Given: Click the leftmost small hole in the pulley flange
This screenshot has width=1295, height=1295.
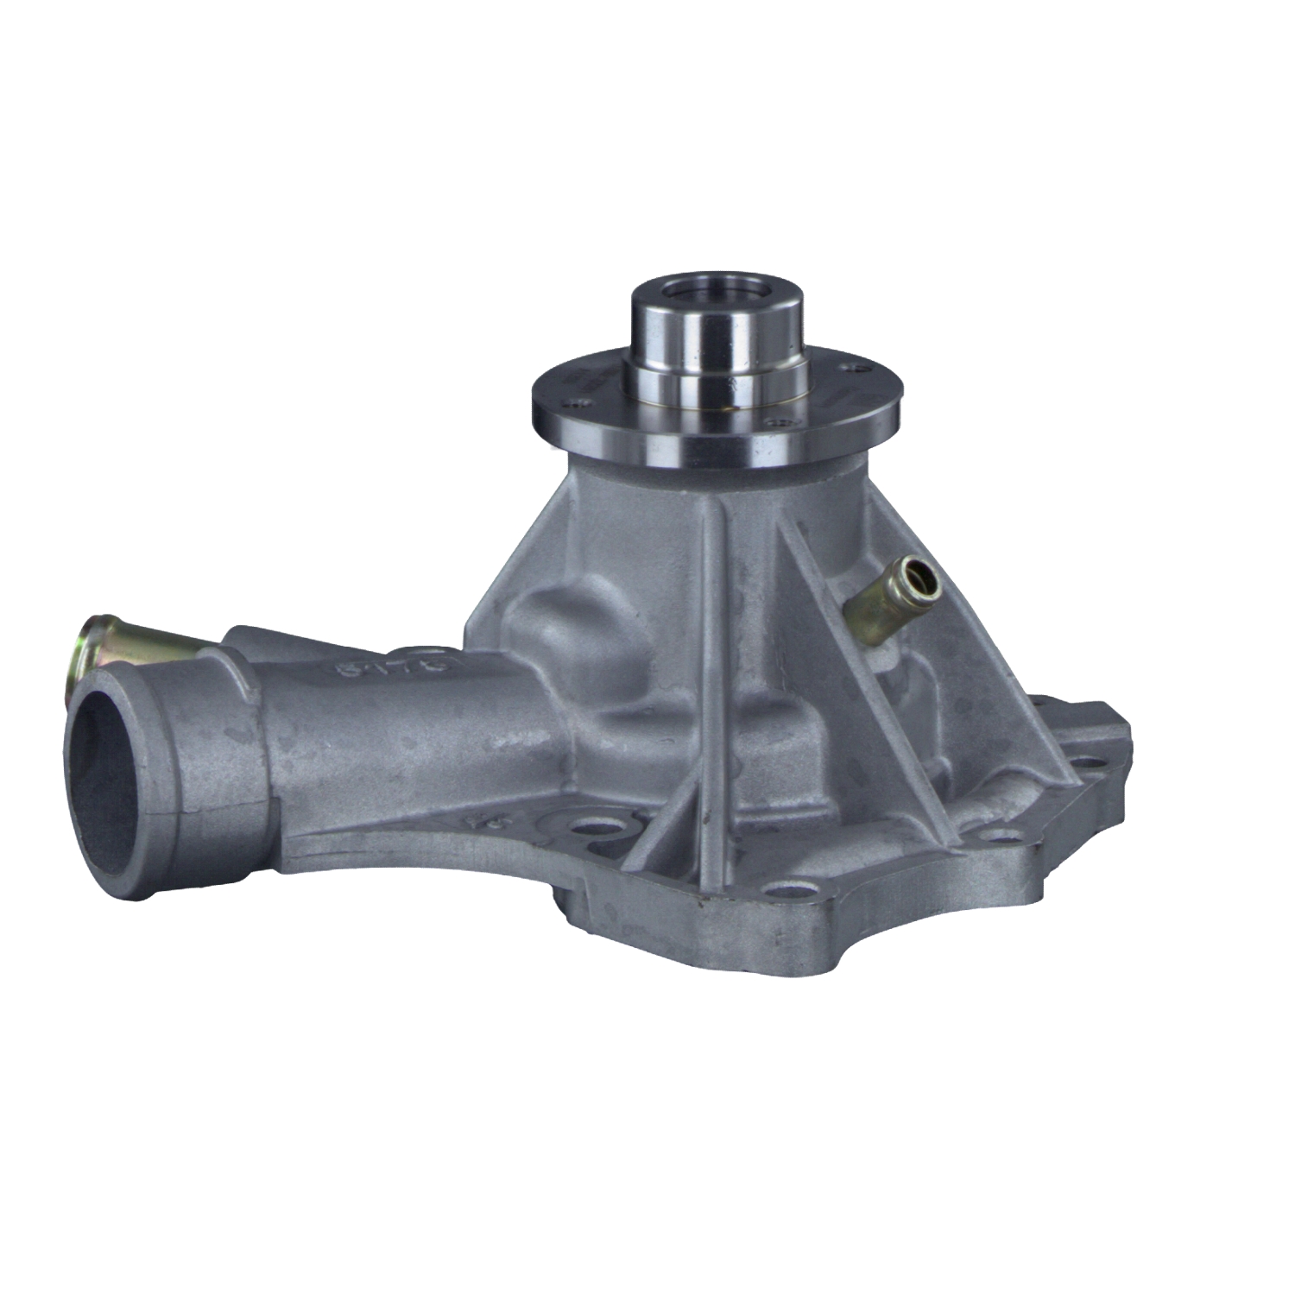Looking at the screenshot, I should pyautogui.click(x=571, y=401).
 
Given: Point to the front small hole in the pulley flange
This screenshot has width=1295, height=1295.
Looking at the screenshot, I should pyautogui.click(x=781, y=423).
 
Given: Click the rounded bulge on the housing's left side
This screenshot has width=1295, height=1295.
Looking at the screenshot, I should pyautogui.click(x=553, y=622).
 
